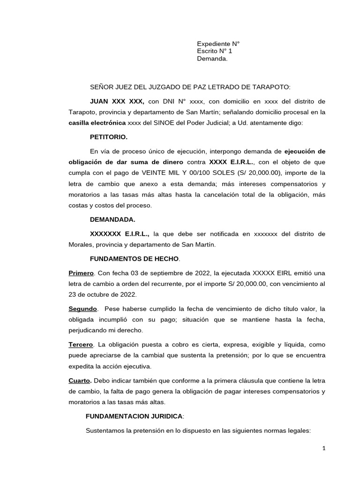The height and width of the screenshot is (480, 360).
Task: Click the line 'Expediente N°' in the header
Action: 218,44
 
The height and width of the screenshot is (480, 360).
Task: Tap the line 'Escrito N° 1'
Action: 214,51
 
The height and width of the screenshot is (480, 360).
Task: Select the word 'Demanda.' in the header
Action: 212,59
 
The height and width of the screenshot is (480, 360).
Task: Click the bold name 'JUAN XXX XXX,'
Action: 117,101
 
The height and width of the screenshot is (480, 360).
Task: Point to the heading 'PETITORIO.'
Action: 108,138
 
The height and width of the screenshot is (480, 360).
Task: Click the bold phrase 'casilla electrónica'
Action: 97,123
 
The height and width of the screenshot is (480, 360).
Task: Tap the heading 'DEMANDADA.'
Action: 112,219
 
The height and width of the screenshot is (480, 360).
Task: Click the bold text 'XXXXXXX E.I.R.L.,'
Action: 120,233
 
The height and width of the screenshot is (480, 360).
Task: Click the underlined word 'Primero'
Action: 82,273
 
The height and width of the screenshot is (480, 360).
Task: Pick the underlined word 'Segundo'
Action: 83,309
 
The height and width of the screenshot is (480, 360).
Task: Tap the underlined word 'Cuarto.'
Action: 80,381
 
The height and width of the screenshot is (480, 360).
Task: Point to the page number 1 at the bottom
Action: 324,448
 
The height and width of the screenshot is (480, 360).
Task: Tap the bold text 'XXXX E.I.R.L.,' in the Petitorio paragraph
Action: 231,162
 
